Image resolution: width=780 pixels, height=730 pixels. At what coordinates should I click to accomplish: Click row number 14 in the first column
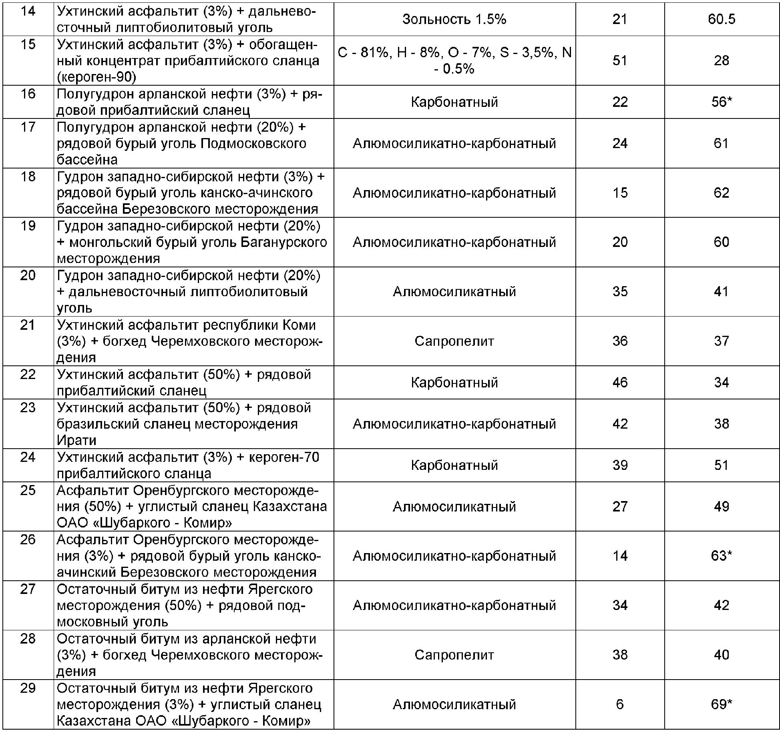tap(28, 11)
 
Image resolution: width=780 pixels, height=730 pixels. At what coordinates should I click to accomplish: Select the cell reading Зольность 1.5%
tap(454, 19)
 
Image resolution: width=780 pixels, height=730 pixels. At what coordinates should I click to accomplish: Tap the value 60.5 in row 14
tap(721, 19)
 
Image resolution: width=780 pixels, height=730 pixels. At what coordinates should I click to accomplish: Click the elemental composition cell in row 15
tap(454, 60)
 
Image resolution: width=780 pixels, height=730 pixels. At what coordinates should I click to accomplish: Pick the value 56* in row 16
tap(721, 102)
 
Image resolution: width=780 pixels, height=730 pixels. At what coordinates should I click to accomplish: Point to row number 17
tap(28, 127)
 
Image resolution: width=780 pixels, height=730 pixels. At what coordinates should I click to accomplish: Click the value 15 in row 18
tap(619, 193)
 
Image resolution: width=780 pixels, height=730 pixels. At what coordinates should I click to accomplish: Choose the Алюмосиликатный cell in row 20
tap(454, 291)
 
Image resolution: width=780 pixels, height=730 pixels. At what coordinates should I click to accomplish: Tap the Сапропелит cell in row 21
tap(454, 341)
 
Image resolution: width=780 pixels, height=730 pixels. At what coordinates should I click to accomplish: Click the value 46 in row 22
tap(619, 382)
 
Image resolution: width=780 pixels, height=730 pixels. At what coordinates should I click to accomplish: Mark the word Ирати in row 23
tap(76, 440)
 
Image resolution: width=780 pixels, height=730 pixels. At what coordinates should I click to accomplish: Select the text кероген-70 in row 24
tap(284, 457)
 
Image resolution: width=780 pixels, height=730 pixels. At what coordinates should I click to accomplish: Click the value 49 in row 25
tap(721, 506)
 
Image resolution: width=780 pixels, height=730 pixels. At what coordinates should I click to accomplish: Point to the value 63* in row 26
tap(721, 556)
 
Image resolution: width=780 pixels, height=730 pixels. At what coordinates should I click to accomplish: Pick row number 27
tap(28, 589)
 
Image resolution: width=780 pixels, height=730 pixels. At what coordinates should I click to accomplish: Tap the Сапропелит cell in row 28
tap(454, 655)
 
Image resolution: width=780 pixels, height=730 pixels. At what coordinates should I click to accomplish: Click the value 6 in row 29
tap(619, 704)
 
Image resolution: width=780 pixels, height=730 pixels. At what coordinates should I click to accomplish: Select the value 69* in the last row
tap(721, 704)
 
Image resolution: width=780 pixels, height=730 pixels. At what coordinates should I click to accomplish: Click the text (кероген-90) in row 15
tap(96, 77)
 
